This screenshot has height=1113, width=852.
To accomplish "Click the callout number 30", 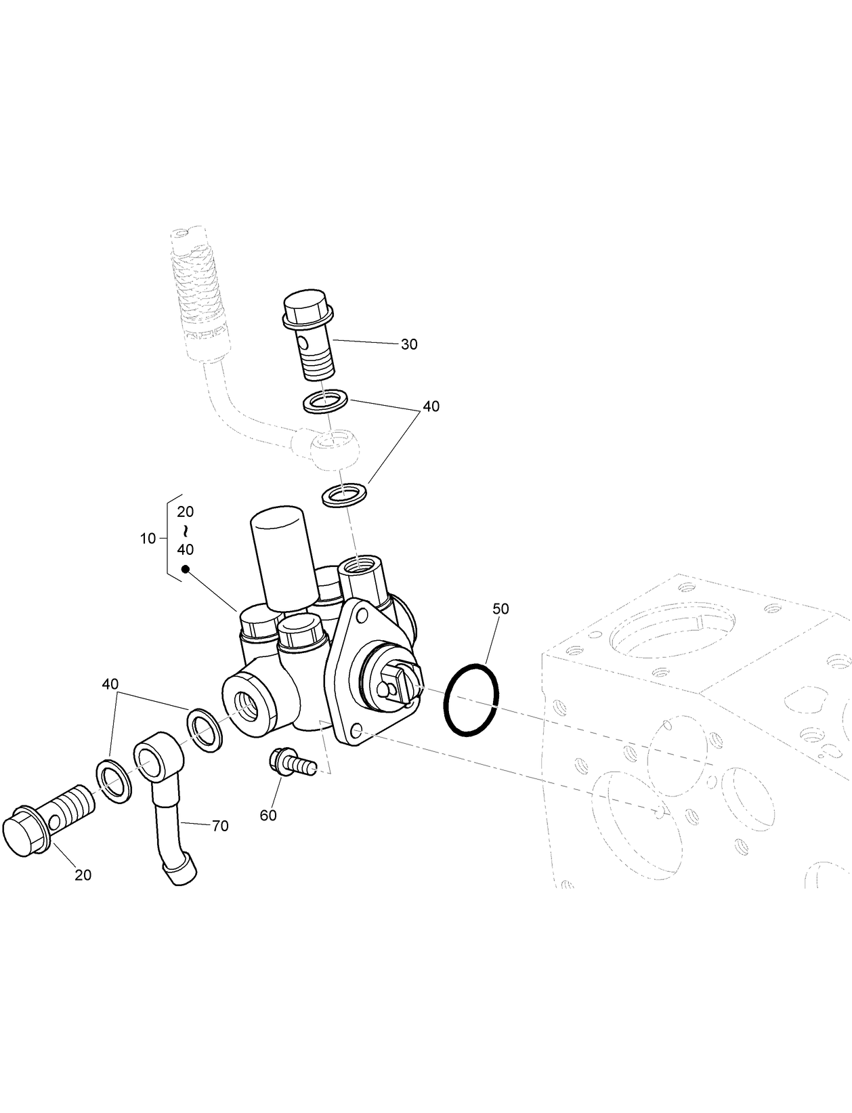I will tap(409, 344).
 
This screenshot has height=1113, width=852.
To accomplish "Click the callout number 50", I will tap(500, 609).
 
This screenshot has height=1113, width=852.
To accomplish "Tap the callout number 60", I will tap(268, 816).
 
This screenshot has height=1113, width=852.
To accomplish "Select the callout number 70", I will tap(220, 826).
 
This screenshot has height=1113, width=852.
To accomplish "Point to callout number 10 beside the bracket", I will tap(148, 539).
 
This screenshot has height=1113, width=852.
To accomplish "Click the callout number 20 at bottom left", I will tap(83, 875).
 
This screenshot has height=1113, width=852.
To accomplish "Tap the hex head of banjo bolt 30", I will tap(307, 310).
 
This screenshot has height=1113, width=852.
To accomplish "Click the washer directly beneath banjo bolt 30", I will tap(326, 402).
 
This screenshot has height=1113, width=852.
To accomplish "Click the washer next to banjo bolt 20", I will tap(114, 781).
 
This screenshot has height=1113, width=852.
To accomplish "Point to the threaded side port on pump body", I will tap(246, 708).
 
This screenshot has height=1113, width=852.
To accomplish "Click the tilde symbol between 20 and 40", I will tap(185, 530).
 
